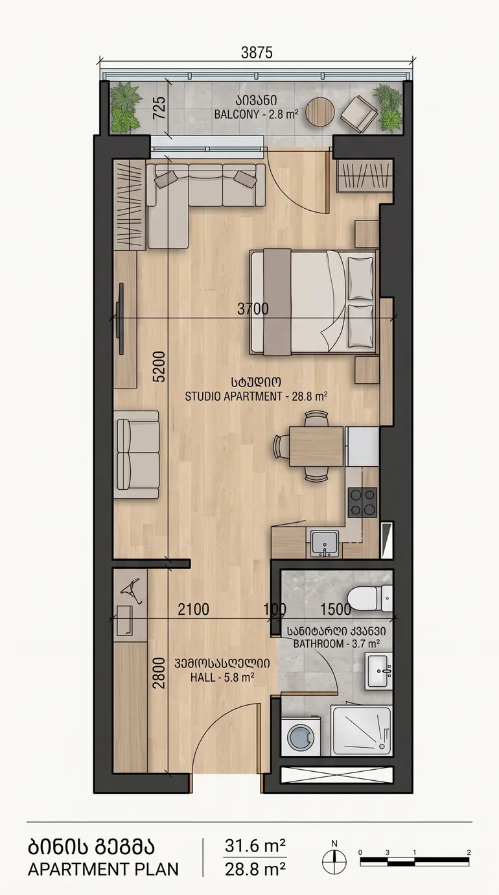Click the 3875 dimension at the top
(x=256, y=53)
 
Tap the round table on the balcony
(x=320, y=112)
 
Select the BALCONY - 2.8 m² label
(x=256, y=114)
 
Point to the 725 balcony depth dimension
(x=159, y=108)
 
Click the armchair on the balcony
(x=359, y=114)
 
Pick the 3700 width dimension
(x=253, y=309)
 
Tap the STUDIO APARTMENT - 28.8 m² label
(x=256, y=396)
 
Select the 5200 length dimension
(x=159, y=366)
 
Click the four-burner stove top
(x=362, y=502)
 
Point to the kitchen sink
(x=325, y=543)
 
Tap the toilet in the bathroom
(x=369, y=598)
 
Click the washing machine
(x=301, y=736)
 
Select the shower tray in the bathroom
(x=362, y=731)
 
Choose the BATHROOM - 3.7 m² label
(x=336, y=643)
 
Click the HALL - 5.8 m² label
(x=222, y=677)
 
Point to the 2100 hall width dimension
(x=193, y=610)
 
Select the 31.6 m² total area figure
(x=255, y=846)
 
